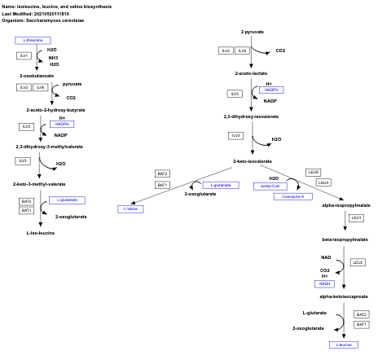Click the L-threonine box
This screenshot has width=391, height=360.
click(x=33, y=40)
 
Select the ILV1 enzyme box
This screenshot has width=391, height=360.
click(x=24, y=55)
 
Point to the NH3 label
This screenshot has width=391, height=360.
click(x=53, y=58)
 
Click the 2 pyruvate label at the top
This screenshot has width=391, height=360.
click(x=253, y=31)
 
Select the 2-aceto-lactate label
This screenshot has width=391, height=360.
click(x=251, y=73)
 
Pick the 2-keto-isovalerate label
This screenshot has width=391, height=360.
click(x=252, y=161)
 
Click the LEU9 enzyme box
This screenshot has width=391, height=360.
click(x=314, y=172)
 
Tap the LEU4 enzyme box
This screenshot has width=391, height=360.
click(x=323, y=182)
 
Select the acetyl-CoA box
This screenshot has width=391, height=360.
click(x=269, y=186)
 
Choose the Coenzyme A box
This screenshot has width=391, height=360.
click(x=293, y=196)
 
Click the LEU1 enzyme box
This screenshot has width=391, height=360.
click(x=356, y=218)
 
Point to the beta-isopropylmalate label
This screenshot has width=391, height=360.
click(x=345, y=239)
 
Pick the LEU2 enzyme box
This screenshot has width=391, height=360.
click(x=358, y=262)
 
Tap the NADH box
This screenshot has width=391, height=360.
click(x=325, y=283)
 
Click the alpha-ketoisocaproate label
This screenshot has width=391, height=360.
click(x=344, y=296)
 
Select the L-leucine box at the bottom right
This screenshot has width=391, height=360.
click(x=344, y=345)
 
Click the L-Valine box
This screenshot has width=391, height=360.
click(x=130, y=209)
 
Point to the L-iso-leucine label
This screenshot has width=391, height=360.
click(x=41, y=233)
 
